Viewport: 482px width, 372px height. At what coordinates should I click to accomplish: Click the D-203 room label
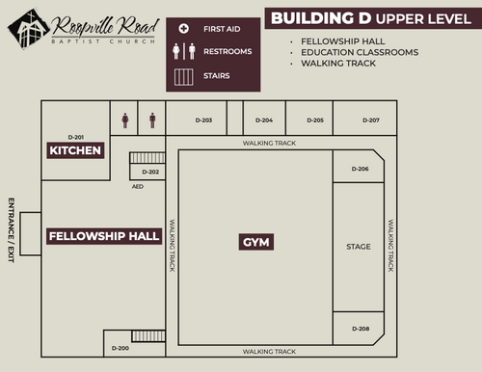coord(203,120)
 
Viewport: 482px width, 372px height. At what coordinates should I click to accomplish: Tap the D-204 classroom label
coord(264,120)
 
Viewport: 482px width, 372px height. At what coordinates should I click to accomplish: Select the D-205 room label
coord(315,120)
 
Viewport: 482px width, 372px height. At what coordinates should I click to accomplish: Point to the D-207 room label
coord(371,120)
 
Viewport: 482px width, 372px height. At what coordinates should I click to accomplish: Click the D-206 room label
coord(360,169)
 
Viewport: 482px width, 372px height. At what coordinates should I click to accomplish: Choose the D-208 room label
coord(361,329)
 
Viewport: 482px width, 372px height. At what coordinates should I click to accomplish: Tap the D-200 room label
coord(120,348)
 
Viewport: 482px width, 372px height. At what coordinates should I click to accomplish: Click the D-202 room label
coord(150,172)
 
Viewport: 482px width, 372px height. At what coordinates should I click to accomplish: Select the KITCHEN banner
coord(75,150)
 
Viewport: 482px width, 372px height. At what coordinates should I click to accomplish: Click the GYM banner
coord(256,242)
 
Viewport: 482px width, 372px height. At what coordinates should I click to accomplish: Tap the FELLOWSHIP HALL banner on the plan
coord(104,236)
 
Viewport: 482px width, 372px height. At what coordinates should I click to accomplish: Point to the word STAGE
coord(359,247)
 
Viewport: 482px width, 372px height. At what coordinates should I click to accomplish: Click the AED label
coord(138,186)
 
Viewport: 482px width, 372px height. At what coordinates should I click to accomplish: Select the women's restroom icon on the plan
coord(125,120)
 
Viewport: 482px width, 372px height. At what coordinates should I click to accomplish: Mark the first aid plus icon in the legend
coord(184,29)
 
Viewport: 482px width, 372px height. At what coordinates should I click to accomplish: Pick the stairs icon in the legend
coord(184,77)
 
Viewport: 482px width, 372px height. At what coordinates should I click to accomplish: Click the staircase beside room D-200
coord(148,336)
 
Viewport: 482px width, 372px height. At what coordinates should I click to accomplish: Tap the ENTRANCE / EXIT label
coord(12,230)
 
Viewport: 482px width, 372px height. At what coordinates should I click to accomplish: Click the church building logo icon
coord(29,29)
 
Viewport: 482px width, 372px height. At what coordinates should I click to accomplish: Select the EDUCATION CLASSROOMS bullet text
coord(360,52)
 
